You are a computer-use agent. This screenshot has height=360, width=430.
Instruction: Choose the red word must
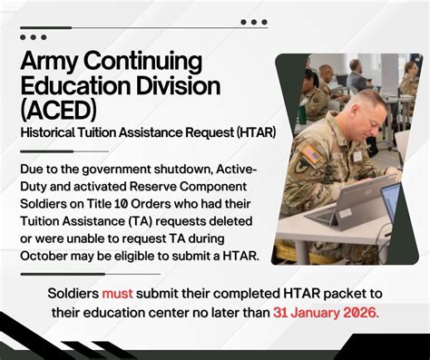[x=117, y=293]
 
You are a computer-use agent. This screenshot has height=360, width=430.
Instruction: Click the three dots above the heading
[x=34, y=37]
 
